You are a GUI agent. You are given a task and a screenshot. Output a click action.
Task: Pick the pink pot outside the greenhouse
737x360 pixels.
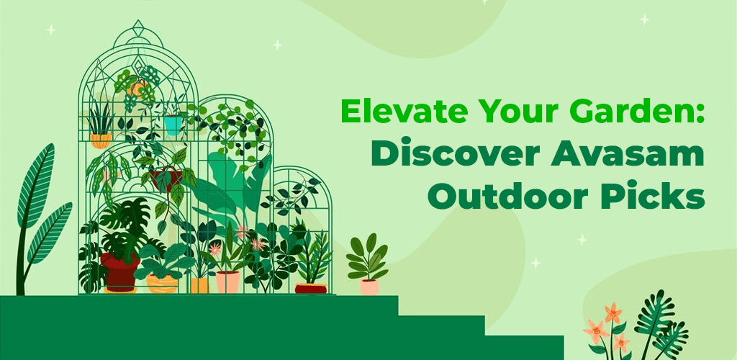tap(369, 287)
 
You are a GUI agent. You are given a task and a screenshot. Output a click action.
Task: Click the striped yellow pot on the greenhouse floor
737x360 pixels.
tap(162, 283)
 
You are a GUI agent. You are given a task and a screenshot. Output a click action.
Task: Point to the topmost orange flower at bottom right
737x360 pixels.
tap(612, 313)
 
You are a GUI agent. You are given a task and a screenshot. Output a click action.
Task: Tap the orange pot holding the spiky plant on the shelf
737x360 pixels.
tap(101, 140)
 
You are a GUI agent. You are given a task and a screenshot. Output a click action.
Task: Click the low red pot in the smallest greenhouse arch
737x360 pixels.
tap(310, 289)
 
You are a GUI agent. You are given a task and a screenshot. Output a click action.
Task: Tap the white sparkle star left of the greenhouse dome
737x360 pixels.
tap(51, 30)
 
